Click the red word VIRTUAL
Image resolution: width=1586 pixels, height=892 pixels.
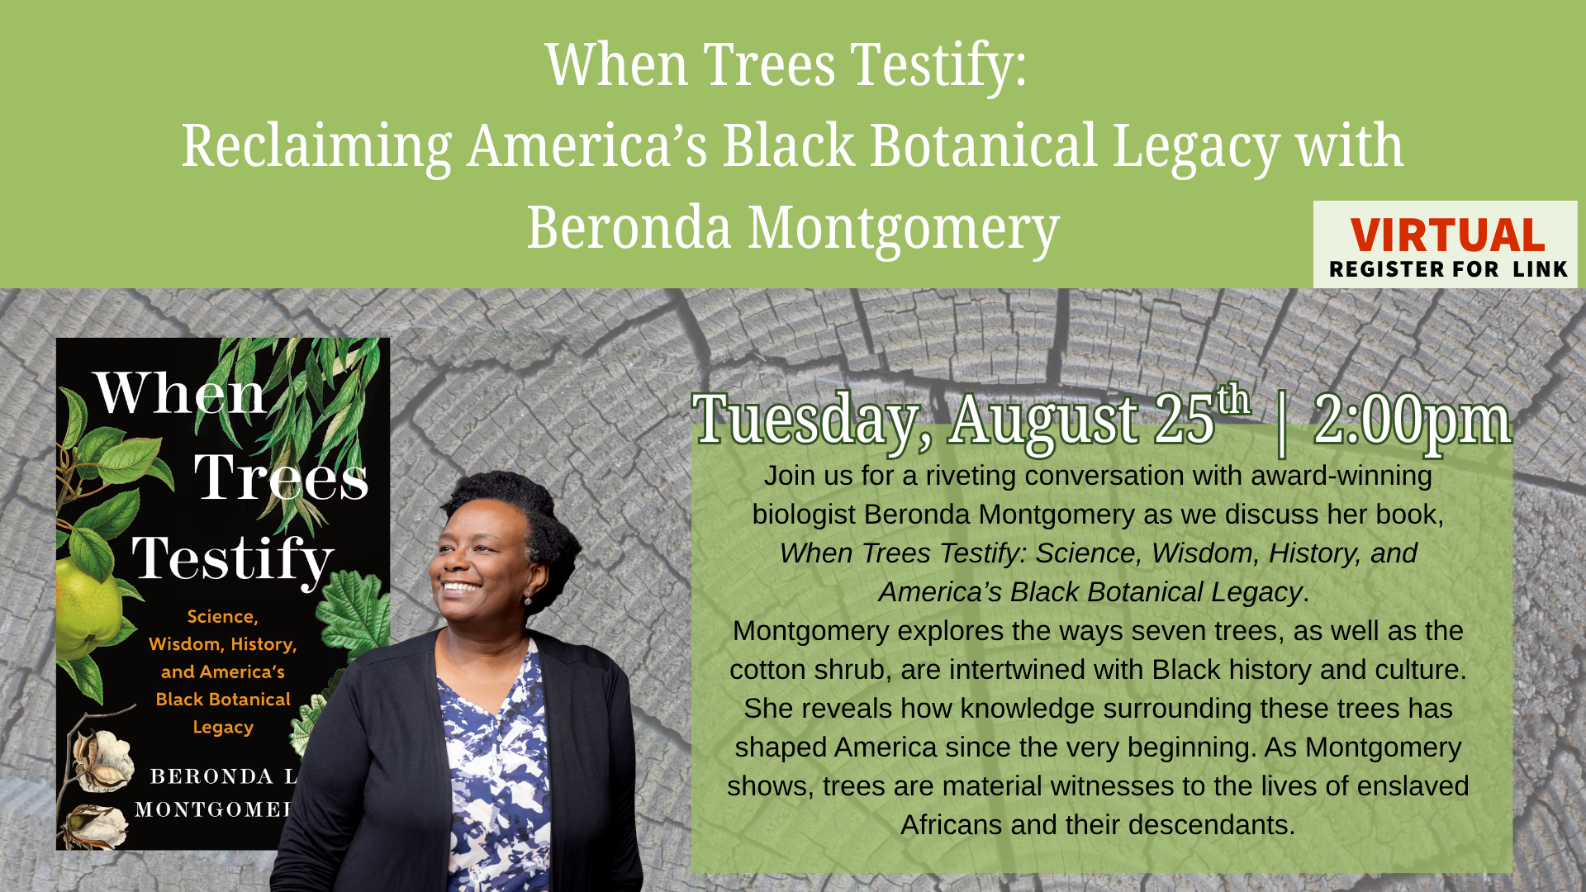coord(1447,235)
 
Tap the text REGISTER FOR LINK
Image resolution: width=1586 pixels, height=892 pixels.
coord(1448,269)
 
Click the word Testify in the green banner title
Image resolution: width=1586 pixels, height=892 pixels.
coord(938,65)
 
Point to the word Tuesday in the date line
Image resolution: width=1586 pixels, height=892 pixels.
coord(805,420)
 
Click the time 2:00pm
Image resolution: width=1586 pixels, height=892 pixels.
coord(1412,420)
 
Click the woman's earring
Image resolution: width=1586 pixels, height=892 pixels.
coord(527,600)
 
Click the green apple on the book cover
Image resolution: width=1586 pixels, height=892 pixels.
coord(86,607)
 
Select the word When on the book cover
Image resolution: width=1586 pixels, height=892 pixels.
coord(180,394)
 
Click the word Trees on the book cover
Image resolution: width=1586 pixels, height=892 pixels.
coord(281,477)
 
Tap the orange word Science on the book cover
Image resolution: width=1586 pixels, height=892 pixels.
coord(222,617)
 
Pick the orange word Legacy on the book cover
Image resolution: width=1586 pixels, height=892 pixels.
coord(223,728)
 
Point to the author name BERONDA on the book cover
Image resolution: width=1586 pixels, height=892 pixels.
coord(211,776)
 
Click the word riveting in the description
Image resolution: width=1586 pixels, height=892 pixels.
coord(971,477)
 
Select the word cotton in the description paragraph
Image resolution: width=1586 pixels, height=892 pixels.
coord(767,670)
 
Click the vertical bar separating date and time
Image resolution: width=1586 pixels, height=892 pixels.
coord(1281,422)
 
